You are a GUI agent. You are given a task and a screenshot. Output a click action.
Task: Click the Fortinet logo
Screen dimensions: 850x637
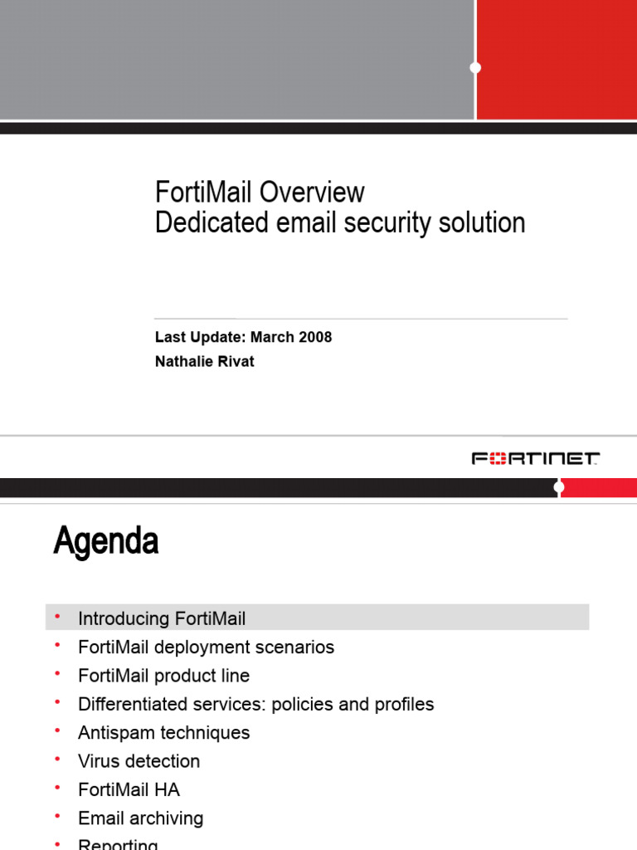(x=536, y=458)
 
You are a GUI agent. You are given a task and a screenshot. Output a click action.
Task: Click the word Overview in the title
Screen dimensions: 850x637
(x=311, y=193)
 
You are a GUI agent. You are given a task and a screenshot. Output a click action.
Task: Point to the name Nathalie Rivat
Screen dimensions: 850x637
(x=205, y=361)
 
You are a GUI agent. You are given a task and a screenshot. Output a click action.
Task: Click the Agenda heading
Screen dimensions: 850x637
(x=106, y=542)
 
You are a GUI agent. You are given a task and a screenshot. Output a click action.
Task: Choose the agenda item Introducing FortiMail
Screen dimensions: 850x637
(x=162, y=618)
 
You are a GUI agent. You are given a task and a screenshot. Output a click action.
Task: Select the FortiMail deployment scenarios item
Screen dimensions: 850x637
(x=206, y=647)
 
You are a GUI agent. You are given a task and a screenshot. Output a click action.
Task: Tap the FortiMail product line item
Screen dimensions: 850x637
(x=163, y=676)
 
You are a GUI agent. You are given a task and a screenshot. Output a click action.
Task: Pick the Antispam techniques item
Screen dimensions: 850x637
(x=163, y=732)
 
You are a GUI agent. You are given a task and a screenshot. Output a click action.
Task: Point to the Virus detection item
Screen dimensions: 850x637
(x=139, y=761)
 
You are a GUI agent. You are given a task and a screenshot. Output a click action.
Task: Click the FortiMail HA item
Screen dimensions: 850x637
(x=129, y=789)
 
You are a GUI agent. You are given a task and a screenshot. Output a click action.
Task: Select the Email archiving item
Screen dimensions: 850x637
(x=140, y=818)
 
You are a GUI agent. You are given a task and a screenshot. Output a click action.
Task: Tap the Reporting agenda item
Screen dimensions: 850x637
(x=118, y=844)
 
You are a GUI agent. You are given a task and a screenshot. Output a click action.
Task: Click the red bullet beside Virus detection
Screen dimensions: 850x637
(x=57, y=759)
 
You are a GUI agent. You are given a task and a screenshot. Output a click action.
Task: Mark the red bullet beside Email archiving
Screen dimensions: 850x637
(x=57, y=816)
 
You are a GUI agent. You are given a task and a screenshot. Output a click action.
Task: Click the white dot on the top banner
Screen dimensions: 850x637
(x=475, y=67)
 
